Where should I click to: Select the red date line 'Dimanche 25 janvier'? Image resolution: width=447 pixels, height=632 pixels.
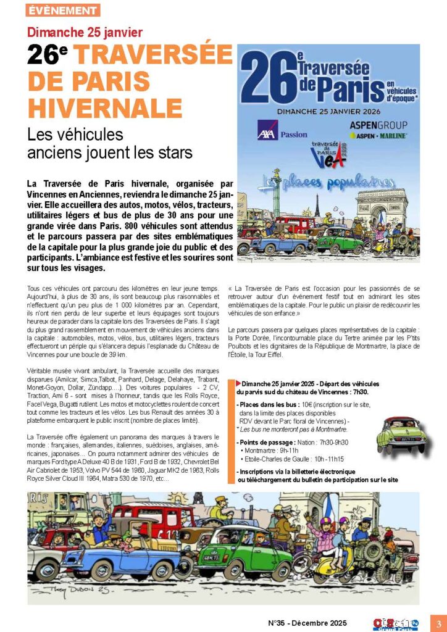pyautogui.click(x=85, y=32)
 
